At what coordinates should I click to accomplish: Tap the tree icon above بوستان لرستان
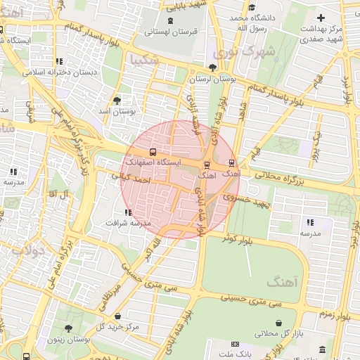213,67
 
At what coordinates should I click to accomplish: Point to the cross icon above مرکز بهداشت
321,17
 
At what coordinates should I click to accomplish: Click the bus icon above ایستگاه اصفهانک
153,153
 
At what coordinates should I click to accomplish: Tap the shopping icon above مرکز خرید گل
117,316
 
